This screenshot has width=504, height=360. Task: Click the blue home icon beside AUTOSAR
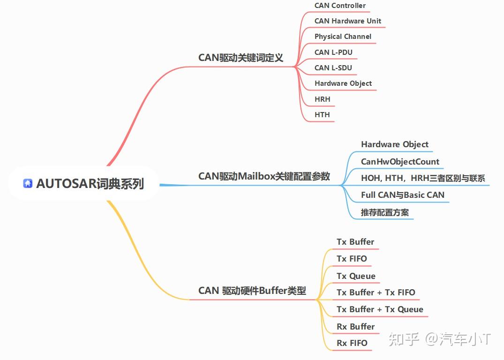[28, 183]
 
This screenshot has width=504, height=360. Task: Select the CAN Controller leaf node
[340, 6]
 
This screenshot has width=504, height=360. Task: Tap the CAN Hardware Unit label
[347, 21]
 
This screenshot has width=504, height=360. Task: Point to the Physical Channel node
[343, 37]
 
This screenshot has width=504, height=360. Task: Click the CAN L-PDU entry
[333, 52]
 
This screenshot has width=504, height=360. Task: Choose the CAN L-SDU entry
[333, 68]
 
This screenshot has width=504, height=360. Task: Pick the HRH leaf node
[323, 99]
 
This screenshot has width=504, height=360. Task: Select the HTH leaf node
[322, 115]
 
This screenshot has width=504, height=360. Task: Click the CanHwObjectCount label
[400, 162]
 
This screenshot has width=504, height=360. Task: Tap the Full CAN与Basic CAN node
[402, 195]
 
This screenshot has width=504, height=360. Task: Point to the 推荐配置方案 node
[384, 212]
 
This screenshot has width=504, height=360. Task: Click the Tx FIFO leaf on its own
[352, 259]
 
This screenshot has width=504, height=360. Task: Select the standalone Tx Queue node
[356, 276]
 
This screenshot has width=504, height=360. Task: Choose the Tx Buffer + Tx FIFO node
[376, 292]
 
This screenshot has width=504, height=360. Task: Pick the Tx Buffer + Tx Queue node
[380, 309]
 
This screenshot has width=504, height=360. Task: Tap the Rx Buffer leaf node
[355, 327]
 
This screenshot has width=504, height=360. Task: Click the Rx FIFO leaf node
[352, 343]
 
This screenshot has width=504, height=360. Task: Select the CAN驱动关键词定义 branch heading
[241, 58]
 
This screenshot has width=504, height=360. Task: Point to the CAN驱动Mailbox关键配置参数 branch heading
[264, 176]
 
